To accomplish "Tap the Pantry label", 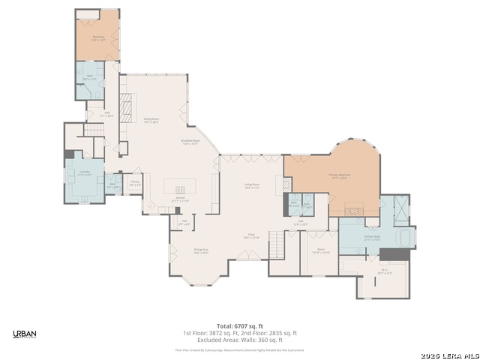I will [x=135, y=182].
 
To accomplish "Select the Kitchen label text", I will [x=181, y=199].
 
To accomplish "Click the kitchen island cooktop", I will [x=181, y=189].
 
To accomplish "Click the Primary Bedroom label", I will [x=339, y=176].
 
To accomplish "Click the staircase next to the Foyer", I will [x=277, y=243].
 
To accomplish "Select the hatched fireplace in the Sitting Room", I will [x=126, y=103].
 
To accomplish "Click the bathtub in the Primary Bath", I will [x=406, y=238].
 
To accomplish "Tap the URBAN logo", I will [x=25, y=334].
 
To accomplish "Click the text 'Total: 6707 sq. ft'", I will [x=240, y=325].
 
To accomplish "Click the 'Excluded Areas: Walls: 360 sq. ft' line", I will [x=240, y=339].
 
